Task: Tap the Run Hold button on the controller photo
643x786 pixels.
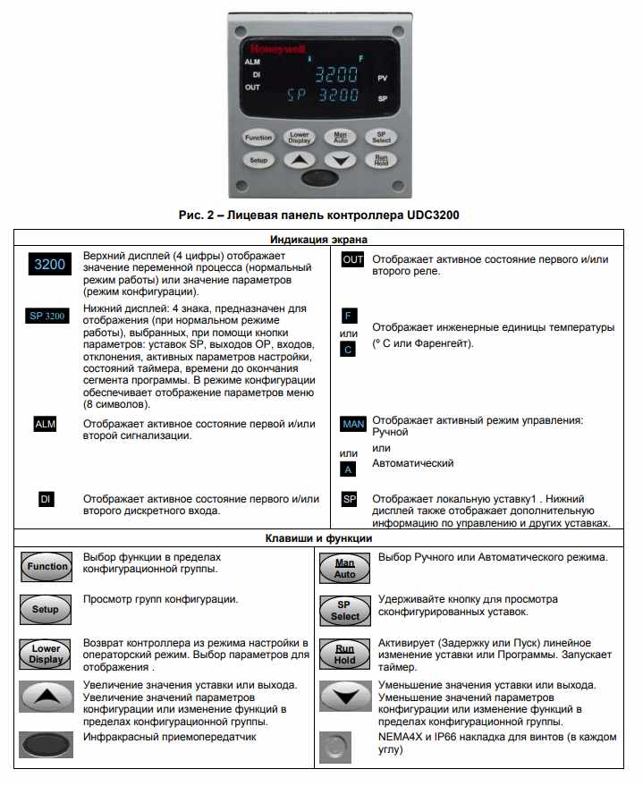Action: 381,160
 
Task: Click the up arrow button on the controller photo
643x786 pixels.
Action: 300,161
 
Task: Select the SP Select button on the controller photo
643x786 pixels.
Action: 381,138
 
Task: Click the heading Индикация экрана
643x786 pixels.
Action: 319,239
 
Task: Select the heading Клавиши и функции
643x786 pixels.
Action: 319,538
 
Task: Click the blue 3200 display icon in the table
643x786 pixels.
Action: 49,265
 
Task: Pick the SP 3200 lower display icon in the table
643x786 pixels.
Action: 48,316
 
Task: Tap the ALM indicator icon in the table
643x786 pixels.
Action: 45,425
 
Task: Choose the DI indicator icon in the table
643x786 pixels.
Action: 45,499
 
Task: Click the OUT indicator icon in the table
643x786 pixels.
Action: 353,259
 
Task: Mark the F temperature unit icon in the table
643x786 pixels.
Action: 349,316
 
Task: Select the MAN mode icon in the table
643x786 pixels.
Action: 353,424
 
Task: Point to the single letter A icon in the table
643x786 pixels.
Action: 349,469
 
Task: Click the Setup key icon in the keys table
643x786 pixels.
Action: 46,610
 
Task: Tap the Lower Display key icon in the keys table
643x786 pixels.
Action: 46,654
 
